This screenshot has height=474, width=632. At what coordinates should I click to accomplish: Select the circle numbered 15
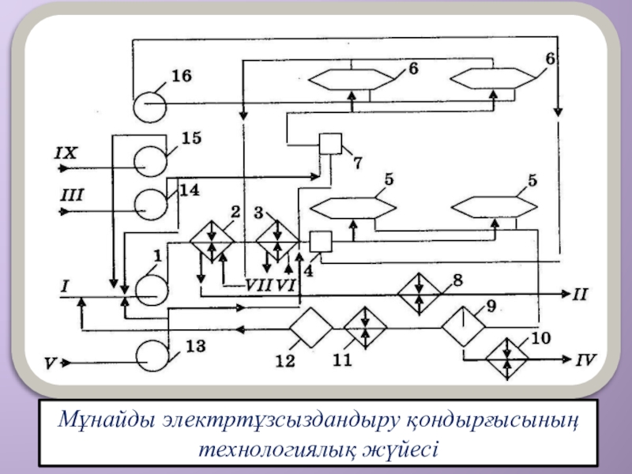(150, 161)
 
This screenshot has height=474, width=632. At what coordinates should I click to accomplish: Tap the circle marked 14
(150, 204)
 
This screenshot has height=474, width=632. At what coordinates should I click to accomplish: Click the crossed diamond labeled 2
(212, 241)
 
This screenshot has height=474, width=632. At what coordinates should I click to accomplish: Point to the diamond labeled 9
(462, 325)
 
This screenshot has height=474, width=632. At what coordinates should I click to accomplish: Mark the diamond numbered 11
(365, 326)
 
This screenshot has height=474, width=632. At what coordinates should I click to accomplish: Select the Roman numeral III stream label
(70, 194)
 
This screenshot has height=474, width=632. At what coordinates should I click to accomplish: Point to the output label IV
(585, 360)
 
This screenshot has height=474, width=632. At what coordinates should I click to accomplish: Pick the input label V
(51, 364)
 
